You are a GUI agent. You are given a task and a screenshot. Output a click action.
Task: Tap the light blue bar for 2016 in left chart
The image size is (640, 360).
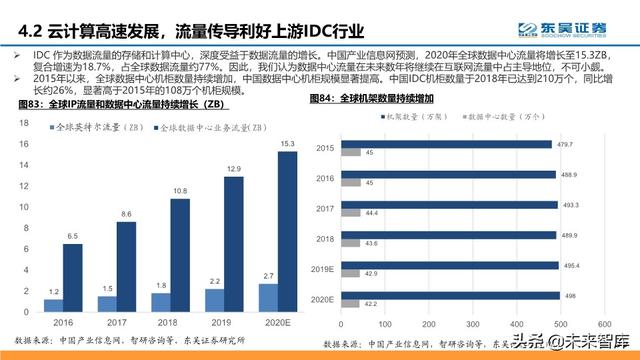(x=54, y=304)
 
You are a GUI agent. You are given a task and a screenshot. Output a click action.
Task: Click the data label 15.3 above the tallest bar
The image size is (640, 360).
(x=288, y=145)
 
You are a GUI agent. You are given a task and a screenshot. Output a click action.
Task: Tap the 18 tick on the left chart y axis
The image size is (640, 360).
(x=22, y=120)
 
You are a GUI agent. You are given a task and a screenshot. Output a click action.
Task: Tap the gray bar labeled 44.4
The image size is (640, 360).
(x=350, y=214)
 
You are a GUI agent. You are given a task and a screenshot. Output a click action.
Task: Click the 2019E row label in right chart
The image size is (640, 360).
(x=320, y=270)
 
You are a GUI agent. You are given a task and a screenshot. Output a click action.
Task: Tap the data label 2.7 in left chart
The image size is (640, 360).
(x=267, y=275)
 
